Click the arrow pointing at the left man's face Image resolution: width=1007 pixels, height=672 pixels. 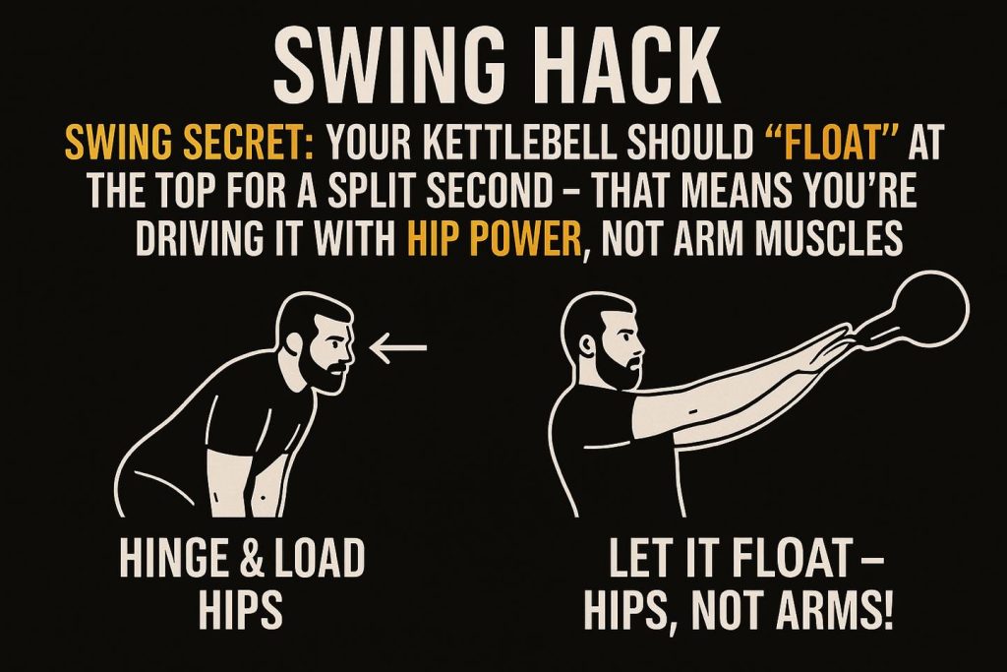pyautogui.click(x=398, y=347)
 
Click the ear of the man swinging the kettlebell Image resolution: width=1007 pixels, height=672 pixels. pyautogui.click(x=587, y=347)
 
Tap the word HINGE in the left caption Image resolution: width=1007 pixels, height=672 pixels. pyautogui.click(x=167, y=558)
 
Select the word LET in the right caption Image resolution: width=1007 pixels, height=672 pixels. pyautogui.click(x=636, y=558)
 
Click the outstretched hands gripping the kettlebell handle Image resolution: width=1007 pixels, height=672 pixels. pyautogui.click(x=828, y=347)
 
